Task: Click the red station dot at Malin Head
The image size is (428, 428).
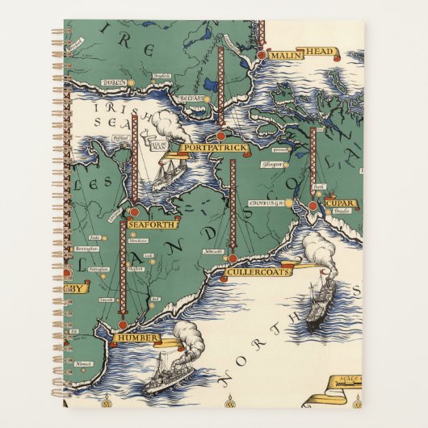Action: [262, 55]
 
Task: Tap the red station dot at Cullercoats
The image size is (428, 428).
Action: [233, 258]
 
